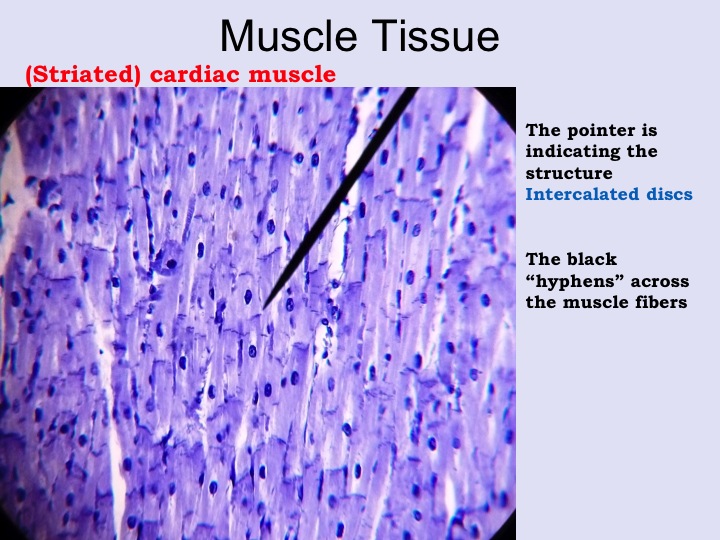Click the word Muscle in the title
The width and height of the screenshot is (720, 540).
(288, 36)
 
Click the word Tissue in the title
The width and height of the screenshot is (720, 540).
(433, 36)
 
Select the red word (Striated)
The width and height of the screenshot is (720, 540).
(83, 75)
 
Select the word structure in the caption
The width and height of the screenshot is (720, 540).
(569, 174)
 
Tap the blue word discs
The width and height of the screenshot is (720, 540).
(669, 194)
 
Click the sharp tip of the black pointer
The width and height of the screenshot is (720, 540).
(263, 309)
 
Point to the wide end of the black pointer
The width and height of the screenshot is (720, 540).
(412, 89)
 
